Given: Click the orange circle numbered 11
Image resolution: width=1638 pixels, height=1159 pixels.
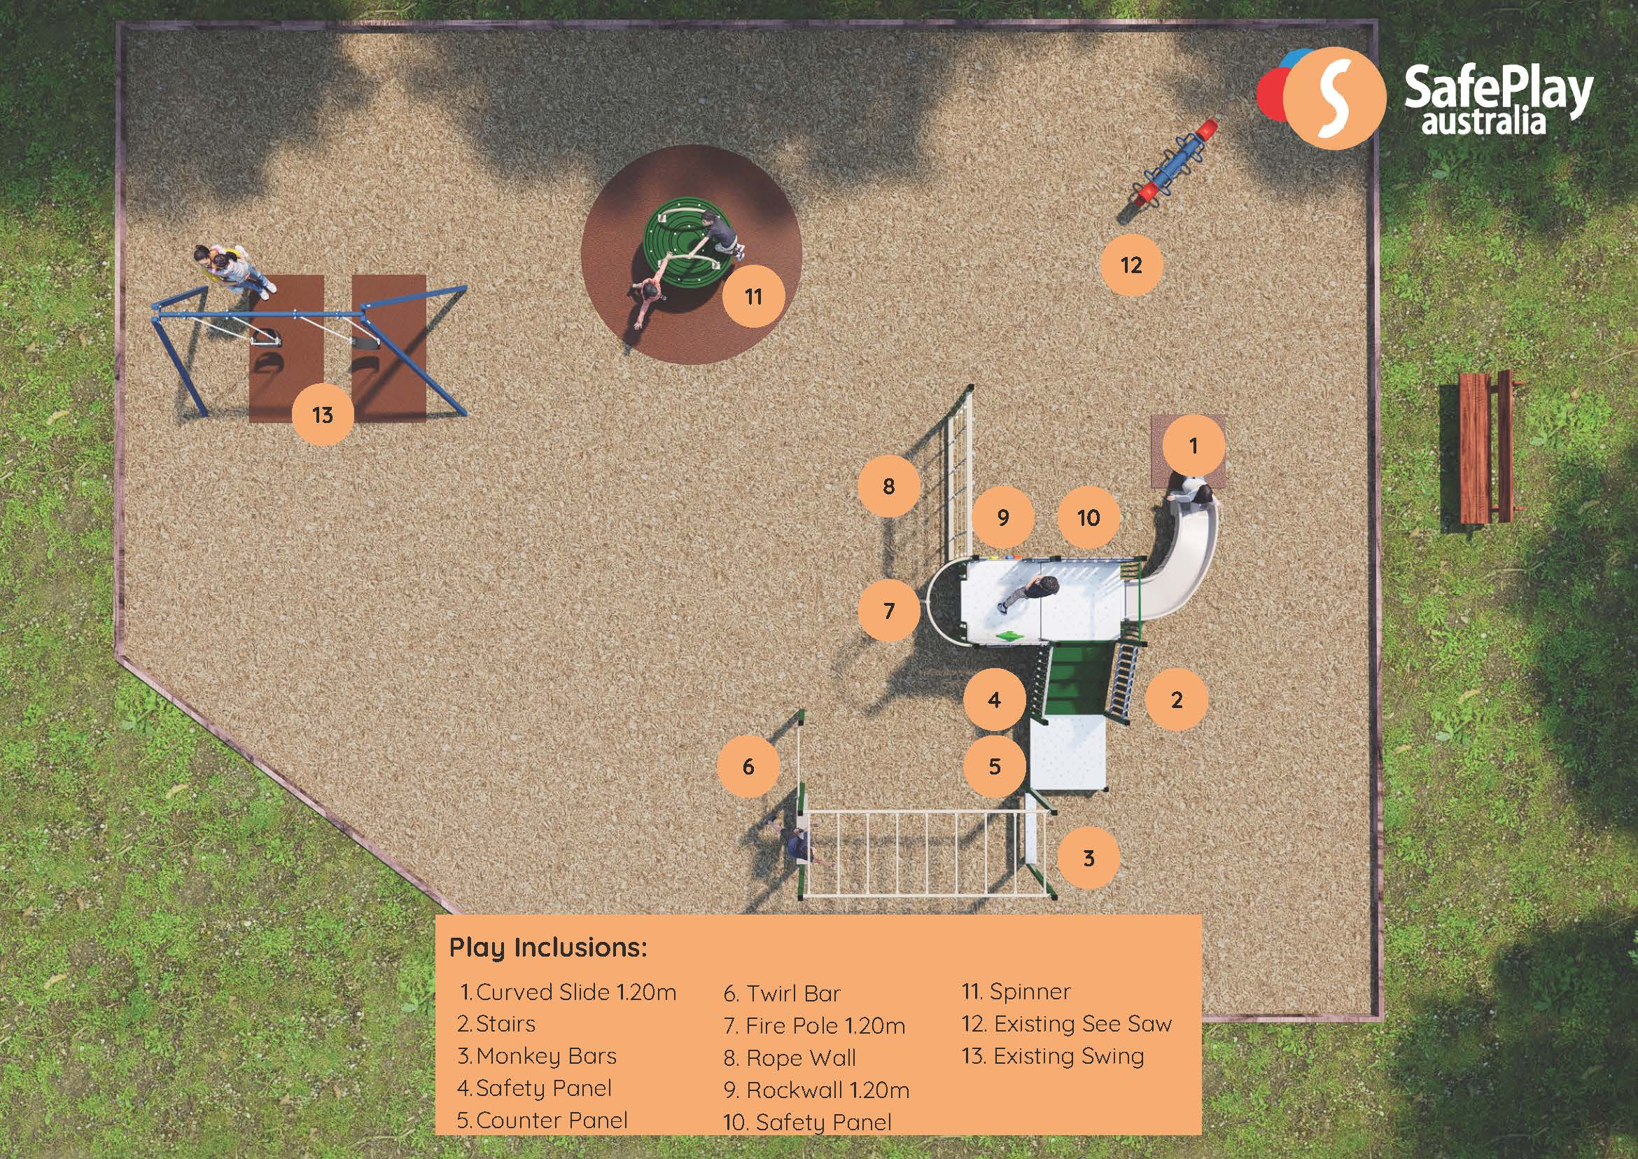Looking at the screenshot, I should pyautogui.click(x=753, y=296).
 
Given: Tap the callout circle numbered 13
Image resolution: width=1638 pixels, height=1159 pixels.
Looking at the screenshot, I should pyautogui.click(x=323, y=415).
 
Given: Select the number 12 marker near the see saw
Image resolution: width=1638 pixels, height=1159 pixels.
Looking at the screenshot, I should pyautogui.click(x=1131, y=265).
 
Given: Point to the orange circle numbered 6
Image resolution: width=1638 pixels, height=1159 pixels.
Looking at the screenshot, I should pyautogui.click(x=748, y=767).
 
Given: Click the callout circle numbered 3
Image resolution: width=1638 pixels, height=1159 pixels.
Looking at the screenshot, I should pyautogui.click(x=1088, y=858).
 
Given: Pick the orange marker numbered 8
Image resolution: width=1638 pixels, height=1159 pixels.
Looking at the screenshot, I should pyautogui.click(x=888, y=486).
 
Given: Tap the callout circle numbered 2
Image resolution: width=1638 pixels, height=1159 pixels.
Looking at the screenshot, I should pyautogui.click(x=1177, y=700).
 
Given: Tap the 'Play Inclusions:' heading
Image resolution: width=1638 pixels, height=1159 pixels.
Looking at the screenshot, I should pyautogui.click(x=548, y=948).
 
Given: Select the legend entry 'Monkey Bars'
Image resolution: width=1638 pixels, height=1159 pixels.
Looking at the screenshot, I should pyautogui.click(x=546, y=1056).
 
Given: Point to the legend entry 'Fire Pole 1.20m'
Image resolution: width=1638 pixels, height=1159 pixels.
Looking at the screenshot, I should pyautogui.click(x=825, y=1026).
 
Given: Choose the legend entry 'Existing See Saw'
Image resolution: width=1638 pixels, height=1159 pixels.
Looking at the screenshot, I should pyautogui.click(x=1082, y=1024).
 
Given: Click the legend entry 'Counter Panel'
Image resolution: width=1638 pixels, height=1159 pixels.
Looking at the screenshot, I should pyautogui.click(x=552, y=1120).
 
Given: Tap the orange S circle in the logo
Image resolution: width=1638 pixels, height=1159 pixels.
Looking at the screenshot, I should pyautogui.click(x=1334, y=99).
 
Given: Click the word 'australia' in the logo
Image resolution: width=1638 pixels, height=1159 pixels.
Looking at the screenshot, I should pyautogui.click(x=1483, y=122).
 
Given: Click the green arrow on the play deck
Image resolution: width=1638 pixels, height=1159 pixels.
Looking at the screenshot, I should pyautogui.click(x=1009, y=636).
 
